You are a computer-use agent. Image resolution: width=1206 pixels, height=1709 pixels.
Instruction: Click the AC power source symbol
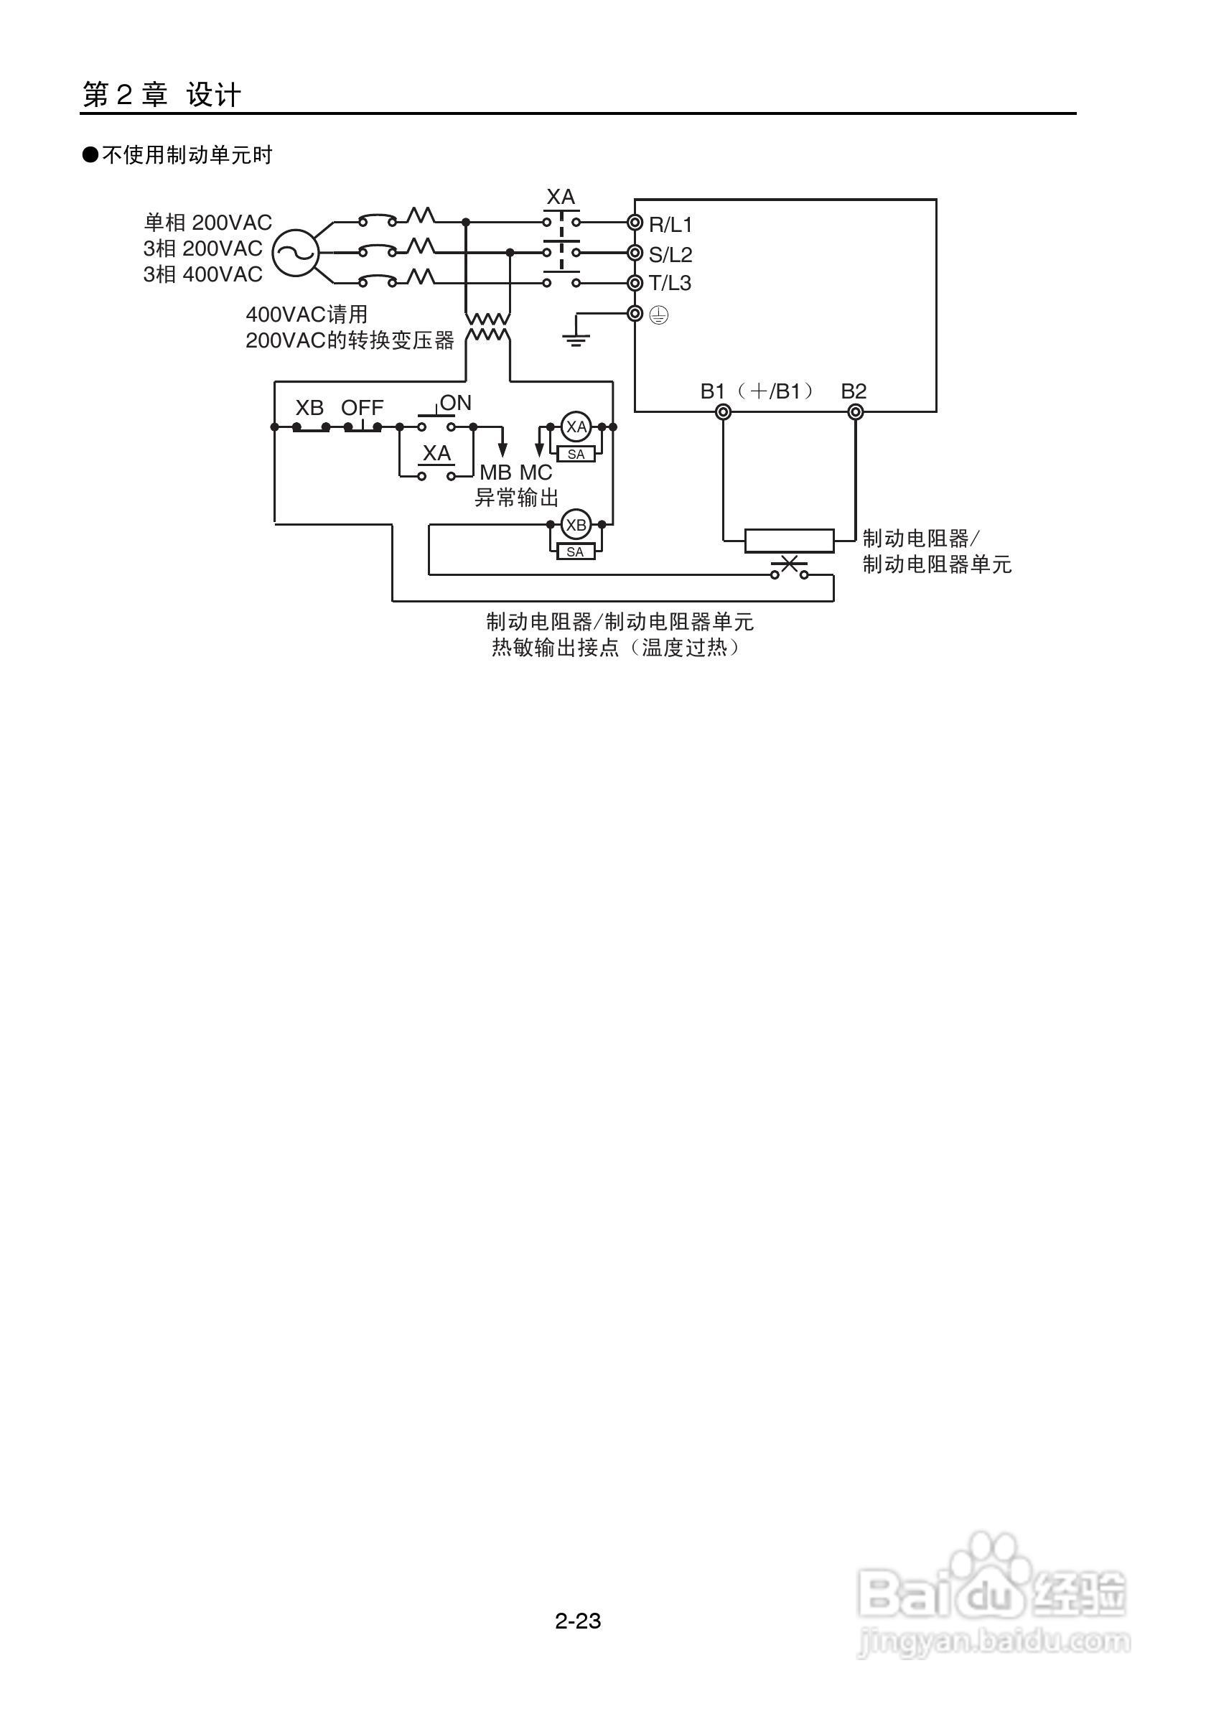click(294, 253)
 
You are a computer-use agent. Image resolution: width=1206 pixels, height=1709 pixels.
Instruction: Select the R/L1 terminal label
click(670, 224)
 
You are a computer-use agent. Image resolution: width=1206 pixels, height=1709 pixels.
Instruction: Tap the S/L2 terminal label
click(670, 255)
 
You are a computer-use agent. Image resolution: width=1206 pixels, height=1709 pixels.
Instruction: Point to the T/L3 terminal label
click(670, 284)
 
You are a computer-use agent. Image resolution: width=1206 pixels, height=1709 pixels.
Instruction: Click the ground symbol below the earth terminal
click(576, 339)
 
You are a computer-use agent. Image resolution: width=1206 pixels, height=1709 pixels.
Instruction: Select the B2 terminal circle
click(856, 411)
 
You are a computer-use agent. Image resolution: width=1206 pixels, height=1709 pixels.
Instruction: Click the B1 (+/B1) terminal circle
click(722, 411)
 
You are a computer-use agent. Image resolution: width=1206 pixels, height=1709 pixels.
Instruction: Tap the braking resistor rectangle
click(790, 541)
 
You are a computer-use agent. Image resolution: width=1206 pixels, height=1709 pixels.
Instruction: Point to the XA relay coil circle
click(576, 427)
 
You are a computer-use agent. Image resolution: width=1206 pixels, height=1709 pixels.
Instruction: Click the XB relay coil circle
click(576, 525)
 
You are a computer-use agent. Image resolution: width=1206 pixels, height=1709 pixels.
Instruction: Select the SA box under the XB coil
click(576, 552)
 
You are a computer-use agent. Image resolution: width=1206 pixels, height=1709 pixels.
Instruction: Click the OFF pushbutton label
click(363, 408)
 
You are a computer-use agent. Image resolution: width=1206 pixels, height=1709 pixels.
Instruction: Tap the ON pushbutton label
click(455, 403)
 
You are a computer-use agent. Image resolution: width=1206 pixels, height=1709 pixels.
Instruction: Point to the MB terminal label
click(495, 472)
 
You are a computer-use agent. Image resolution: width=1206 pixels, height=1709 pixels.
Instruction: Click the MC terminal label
click(536, 472)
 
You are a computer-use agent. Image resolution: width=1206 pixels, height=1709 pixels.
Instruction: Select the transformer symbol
click(488, 327)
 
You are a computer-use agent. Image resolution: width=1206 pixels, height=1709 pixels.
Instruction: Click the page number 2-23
click(577, 1621)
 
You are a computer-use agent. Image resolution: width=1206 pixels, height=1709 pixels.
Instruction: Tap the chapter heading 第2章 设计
click(162, 95)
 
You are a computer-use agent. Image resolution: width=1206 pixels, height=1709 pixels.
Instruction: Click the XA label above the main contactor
click(560, 197)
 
